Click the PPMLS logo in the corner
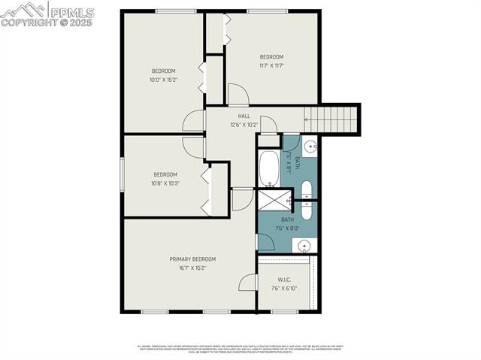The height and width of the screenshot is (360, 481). coord(47,14)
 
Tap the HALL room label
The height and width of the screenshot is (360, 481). coord(244,116)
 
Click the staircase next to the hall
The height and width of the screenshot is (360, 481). coord(331,119)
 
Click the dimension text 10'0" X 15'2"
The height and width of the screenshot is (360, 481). coord(163,80)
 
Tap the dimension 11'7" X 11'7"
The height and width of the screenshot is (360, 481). coord(271,65)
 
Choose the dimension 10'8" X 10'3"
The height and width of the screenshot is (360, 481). coord(165,183)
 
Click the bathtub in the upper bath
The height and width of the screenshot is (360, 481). coord(269,168)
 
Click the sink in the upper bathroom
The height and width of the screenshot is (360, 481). coord(310,147)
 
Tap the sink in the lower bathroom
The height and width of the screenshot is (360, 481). coord(302,245)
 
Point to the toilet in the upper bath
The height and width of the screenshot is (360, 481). coord(307,188)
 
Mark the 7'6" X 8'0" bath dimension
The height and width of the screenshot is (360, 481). coord(288,228)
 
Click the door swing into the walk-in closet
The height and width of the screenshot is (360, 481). coord(247,283)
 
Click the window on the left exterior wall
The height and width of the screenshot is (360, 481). coord(123,175)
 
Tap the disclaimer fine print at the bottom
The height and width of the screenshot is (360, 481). coord(240,349)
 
